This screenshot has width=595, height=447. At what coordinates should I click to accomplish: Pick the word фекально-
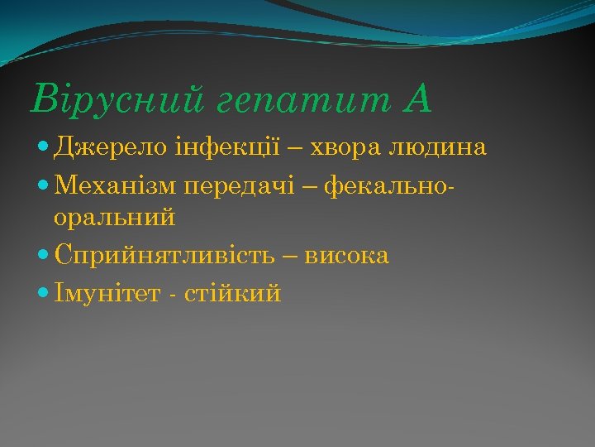(390, 184)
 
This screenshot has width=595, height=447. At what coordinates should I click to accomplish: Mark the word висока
(346, 256)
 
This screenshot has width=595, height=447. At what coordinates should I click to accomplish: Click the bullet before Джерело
(43, 149)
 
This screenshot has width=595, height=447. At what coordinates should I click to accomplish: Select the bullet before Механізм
(43, 185)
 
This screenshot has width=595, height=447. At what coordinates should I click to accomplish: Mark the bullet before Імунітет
(43, 293)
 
